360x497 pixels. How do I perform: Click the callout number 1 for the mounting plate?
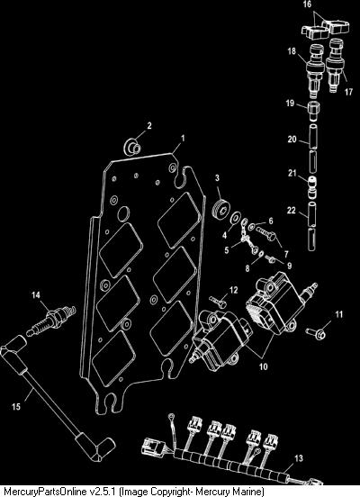183,138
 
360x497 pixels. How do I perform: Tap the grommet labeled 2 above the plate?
132,147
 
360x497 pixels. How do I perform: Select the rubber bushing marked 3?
220,208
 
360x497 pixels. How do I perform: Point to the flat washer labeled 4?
236,218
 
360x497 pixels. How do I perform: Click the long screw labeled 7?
265,235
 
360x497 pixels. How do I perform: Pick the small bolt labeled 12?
218,303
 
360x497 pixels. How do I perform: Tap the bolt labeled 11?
316,332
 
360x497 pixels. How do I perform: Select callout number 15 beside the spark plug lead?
16,406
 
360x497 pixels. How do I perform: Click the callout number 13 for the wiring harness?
299,458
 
